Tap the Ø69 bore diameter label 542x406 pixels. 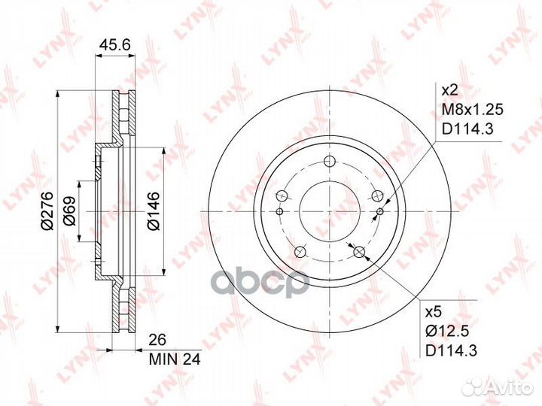(69, 211)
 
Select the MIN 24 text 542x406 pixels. (175, 359)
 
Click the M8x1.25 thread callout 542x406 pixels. (473, 110)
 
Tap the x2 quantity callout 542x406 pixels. (449, 90)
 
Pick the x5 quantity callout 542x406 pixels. (434, 313)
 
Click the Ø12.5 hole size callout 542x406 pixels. (447, 332)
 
